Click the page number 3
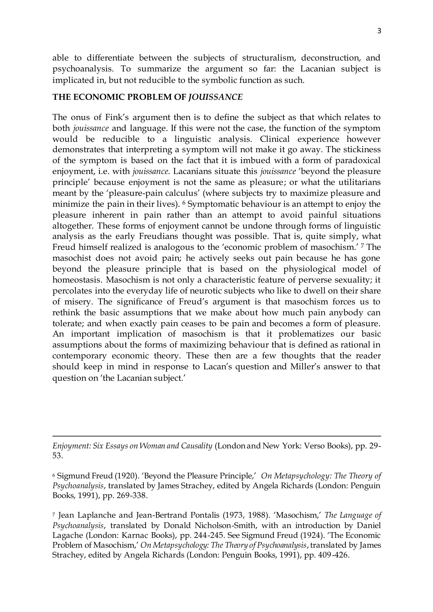click(x=379, y=31)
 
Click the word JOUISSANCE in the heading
click(x=215, y=97)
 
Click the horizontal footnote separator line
click(x=216, y=436)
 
